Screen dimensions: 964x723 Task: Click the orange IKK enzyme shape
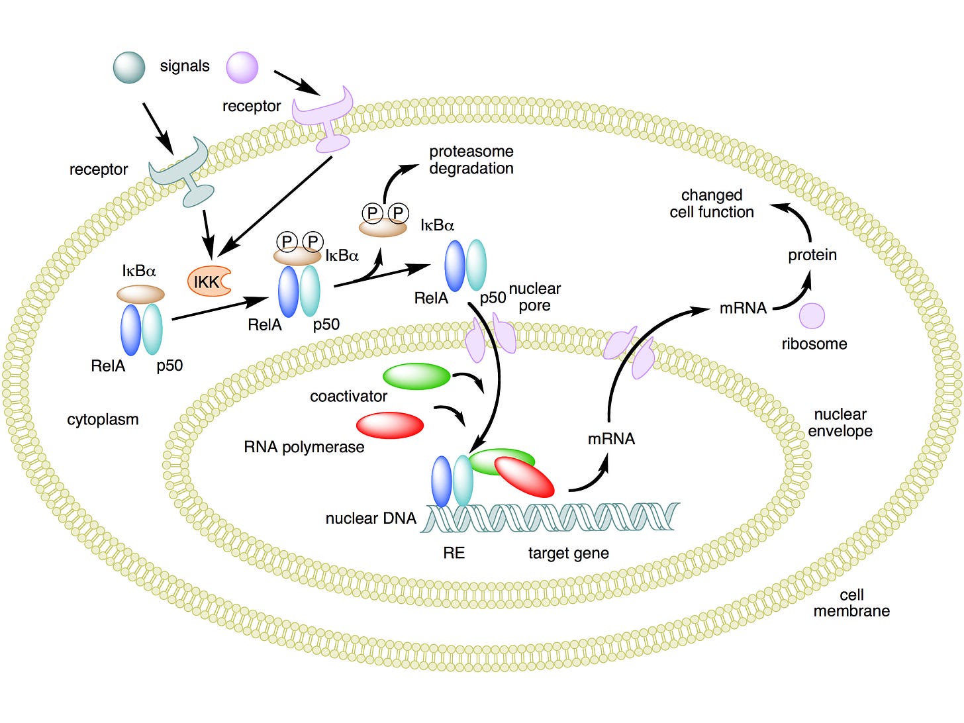click(x=208, y=281)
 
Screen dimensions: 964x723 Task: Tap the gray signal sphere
click(x=129, y=68)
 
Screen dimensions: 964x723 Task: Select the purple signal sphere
click(x=242, y=68)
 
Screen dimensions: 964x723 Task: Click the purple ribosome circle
click(x=812, y=316)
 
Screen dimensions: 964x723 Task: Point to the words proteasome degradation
click(x=471, y=160)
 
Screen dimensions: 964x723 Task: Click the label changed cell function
click(x=712, y=203)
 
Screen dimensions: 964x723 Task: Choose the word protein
click(x=812, y=255)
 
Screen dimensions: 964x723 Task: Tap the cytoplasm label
click(x=103, y=420)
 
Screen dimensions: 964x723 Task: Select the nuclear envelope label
click(x=840, y=422)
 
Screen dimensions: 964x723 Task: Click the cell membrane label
click(x=851, y=602)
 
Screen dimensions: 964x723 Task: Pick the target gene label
click(x=568, y=554)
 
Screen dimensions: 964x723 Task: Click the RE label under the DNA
click(x=454, y=553)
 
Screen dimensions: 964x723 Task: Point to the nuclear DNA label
click(x=371, y=518)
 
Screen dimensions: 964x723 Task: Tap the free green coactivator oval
click(x=416, y=376)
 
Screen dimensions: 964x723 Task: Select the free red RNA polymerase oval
click(x=390, y=425)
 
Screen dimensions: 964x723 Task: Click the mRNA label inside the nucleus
click(x=611, y=438)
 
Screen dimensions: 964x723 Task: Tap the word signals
click(x=185, y=66)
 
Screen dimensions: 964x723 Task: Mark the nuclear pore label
click(x=534, y=297)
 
